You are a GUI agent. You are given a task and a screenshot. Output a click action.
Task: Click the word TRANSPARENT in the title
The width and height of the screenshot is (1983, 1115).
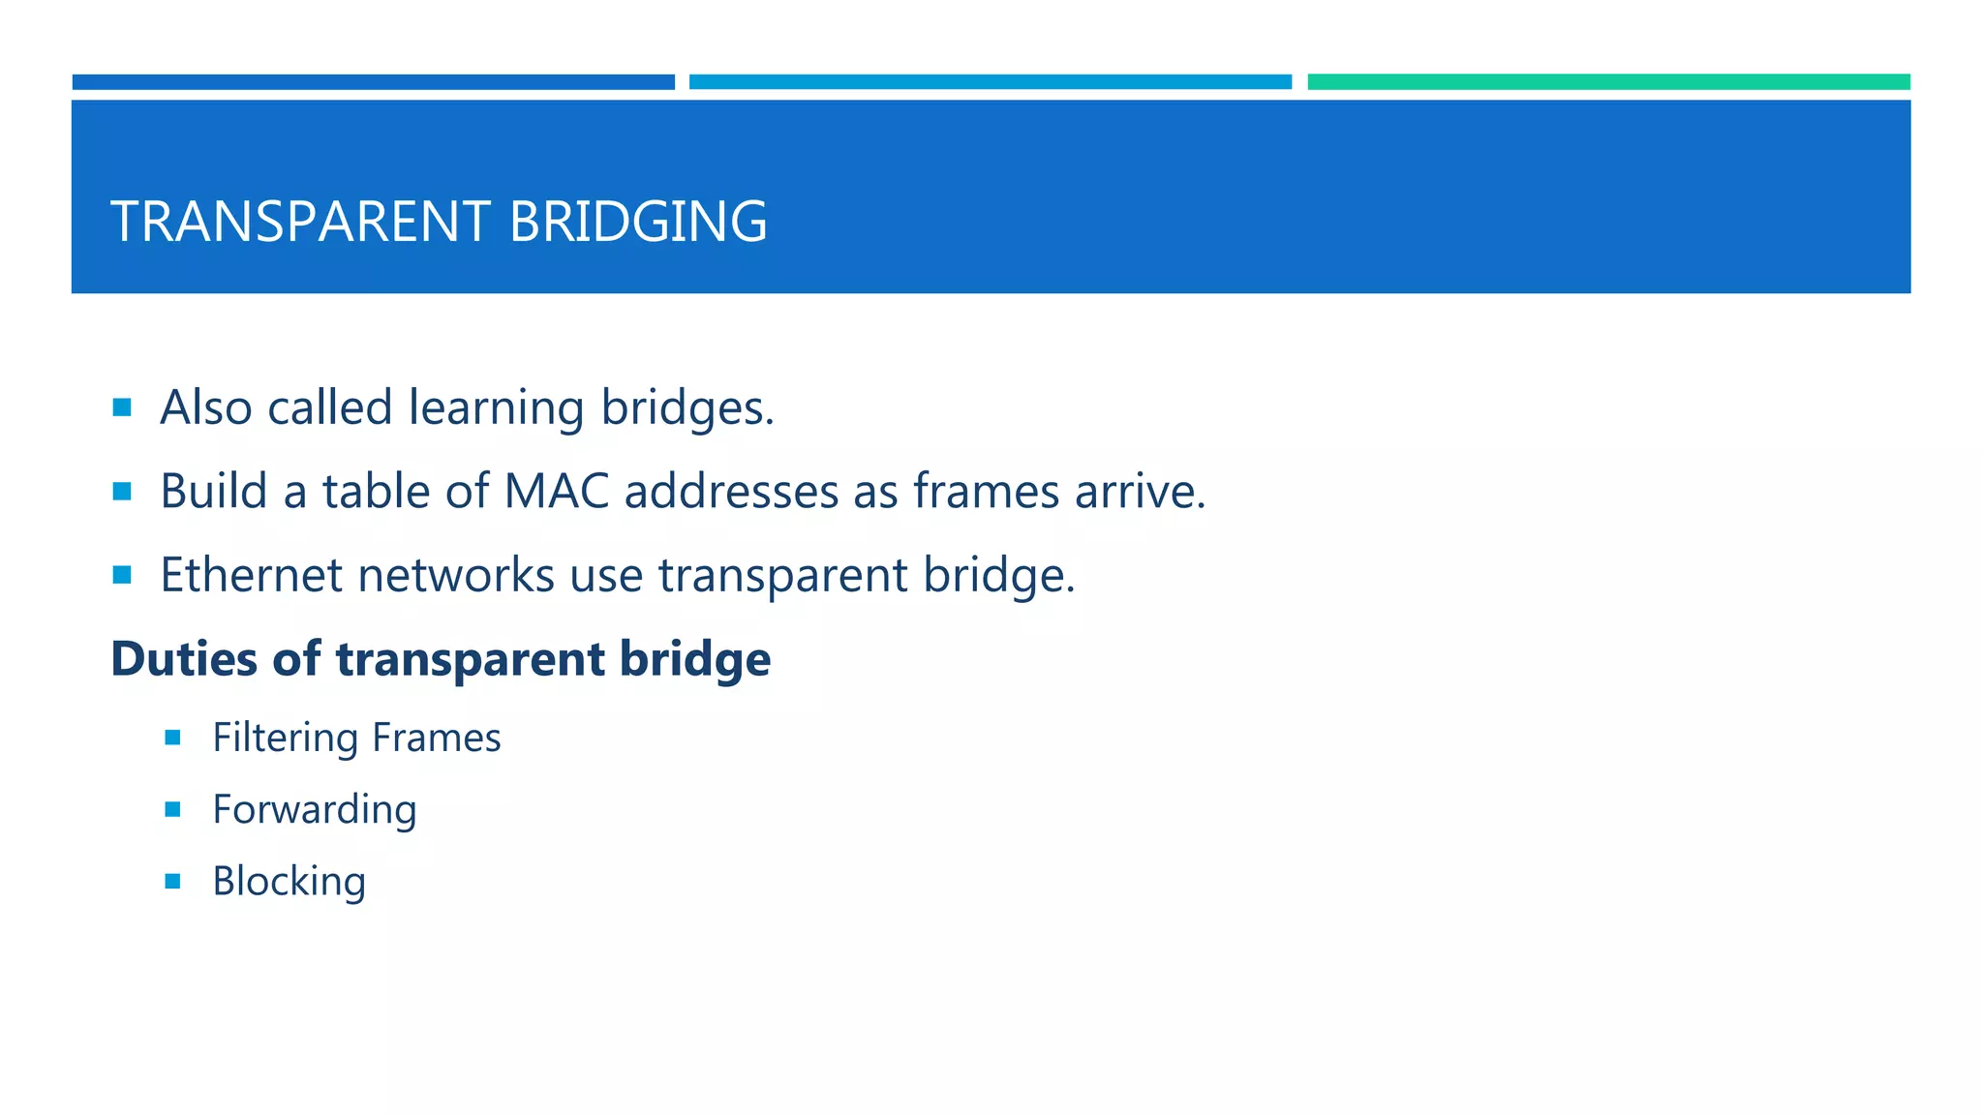click(300, 222)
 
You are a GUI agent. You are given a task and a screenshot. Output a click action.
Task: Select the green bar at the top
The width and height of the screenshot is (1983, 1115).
click(1608, 82)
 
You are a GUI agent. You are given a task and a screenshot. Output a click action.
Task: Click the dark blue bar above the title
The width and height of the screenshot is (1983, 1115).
click(373, 82)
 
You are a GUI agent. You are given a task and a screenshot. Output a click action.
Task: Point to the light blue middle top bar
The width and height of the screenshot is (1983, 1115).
click(990, 82)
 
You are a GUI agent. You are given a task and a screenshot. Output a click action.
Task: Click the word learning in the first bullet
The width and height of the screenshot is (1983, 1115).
click(496, 408)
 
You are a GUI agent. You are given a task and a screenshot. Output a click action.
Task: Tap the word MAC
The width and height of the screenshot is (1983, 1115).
click(557, 492)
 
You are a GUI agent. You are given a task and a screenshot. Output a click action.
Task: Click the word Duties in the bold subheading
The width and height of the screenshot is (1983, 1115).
click(185, 659)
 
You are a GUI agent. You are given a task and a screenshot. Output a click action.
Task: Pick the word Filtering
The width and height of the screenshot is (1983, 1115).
click(286, 738)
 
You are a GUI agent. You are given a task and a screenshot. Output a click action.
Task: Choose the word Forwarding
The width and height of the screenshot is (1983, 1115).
click(315, 810)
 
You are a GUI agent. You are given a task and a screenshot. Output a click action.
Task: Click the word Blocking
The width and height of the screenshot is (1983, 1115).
click(289, 882)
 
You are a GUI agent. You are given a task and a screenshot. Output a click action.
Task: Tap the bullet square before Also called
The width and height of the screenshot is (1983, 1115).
click(122, 407)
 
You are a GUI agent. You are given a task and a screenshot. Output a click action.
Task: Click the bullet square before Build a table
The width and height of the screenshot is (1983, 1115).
click(122, 492)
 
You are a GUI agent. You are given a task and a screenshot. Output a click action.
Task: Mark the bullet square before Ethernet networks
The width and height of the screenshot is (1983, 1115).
click(122, 575)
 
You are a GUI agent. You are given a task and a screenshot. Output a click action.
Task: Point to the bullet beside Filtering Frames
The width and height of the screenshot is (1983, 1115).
click(173, 738)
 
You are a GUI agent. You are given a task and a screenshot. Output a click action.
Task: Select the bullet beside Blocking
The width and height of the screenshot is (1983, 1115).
click(173, 882)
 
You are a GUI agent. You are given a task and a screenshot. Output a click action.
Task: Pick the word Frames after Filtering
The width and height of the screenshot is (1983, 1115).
click(437, 738)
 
